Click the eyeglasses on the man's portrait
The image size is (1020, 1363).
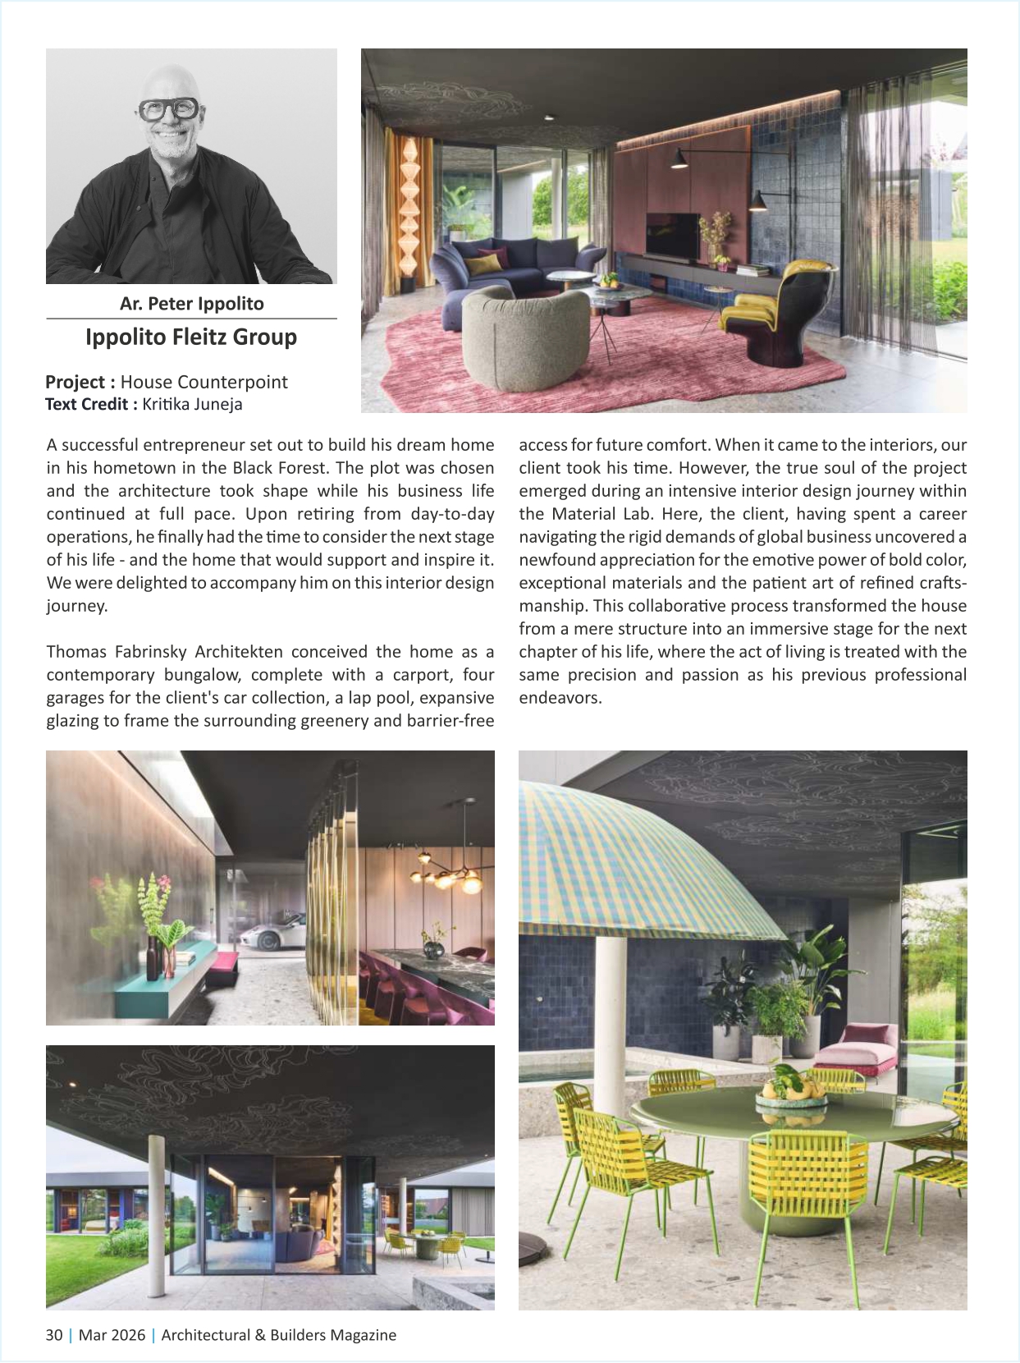tap(168, 109)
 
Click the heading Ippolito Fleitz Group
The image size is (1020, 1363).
tap(191, 337)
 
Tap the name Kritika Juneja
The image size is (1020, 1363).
tap(192, 404)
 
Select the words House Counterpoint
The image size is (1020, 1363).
tap(204, 382)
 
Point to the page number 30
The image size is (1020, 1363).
tap(54, 1335)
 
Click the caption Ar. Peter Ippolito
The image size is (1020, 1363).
tap(191, 304)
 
